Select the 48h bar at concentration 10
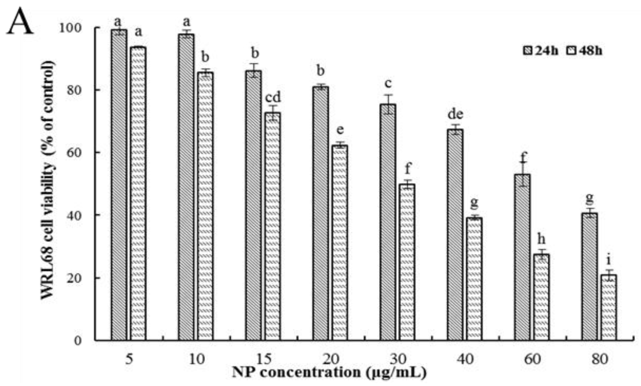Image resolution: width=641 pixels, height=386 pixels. click(x=205, y=206)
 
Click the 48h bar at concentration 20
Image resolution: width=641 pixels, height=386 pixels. click(x=340, y=243)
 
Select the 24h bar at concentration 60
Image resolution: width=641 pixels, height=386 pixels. click(x=522, y=257)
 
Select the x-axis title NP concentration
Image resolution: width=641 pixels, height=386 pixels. click(x=329, y=372)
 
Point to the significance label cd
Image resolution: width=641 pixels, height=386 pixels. click(x=273, y=97)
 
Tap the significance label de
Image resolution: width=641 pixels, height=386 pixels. click(x=455, y=114)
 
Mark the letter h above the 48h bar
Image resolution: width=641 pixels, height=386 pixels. click(x=541, y=239)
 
